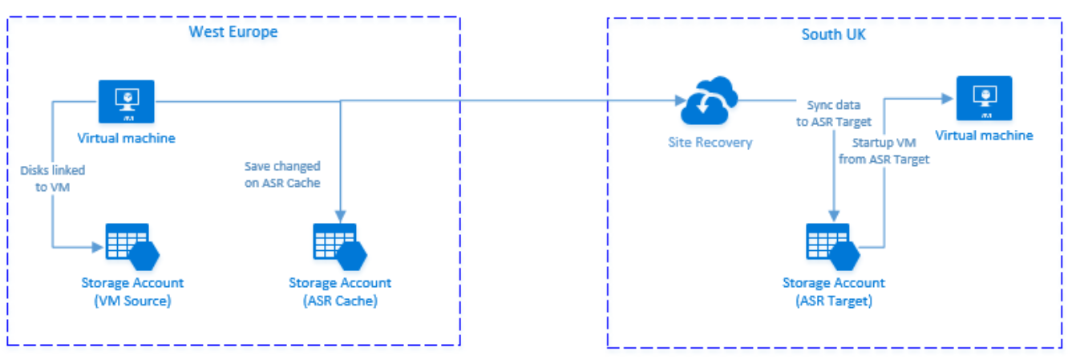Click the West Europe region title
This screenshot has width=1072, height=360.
[233, 32]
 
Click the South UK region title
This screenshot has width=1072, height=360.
[833, 34]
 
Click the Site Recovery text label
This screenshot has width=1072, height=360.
[710, 143]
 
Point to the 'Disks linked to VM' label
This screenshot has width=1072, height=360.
[54, 177]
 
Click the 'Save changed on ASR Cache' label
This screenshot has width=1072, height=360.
[282, 174]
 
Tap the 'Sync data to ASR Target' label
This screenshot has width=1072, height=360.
[839, 114]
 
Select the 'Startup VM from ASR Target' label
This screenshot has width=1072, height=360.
[884, 152]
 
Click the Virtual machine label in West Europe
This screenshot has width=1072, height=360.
[126, 138]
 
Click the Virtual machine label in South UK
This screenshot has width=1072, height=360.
[984, 136]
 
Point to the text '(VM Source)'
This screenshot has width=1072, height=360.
[132, 301]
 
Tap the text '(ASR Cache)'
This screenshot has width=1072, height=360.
[340, 301]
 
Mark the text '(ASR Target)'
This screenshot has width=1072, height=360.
[834, 301]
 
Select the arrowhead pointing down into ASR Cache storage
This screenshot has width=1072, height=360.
[342, 215]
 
